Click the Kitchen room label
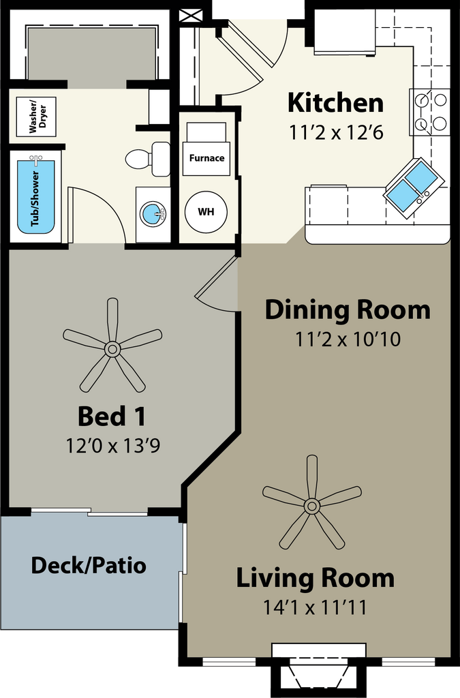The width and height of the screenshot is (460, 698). [335, 102]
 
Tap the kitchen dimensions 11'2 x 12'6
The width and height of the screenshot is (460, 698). [337, 133]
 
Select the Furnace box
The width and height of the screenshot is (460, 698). [206, 158]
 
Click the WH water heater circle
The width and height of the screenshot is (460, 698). [206, 212]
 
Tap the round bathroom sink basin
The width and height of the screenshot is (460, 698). [153, 214]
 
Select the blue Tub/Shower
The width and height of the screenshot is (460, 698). [35, 197]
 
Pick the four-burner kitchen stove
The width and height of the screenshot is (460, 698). [430, 112]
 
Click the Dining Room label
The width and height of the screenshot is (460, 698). [348, 310]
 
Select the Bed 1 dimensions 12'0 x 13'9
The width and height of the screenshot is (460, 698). [113, 445]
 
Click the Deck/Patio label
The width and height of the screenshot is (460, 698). [89, 565]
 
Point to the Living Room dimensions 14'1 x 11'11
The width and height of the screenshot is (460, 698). [315, 607]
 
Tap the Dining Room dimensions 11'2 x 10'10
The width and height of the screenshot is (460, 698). [348, 339]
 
